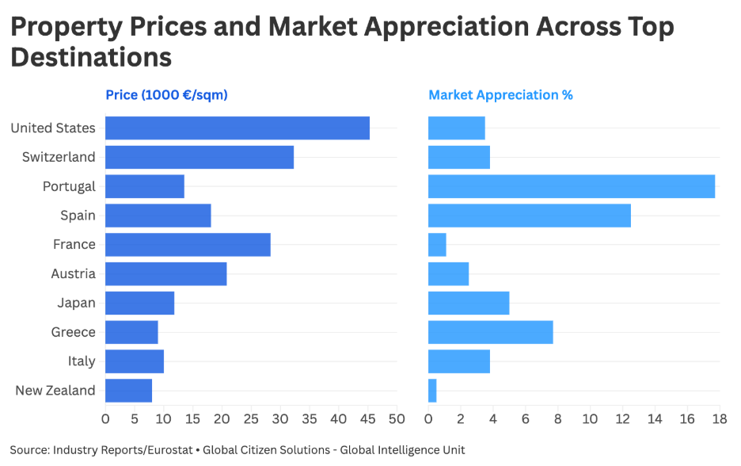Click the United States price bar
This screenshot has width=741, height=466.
[237, 128]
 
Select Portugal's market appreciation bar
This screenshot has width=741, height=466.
[572, 186]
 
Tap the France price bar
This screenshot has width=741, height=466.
[188, 245]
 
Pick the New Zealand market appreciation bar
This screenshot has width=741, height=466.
[432, 391]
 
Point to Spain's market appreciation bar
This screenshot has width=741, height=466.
[530, 216]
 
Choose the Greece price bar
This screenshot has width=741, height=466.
[131, 332]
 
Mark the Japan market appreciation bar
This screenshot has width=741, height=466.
[469, 303]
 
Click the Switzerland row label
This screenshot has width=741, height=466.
[59, 157]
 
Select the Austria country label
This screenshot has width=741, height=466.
[73, 273]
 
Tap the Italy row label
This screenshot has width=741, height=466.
[81, 361]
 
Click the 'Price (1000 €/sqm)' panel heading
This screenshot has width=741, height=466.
[166, 95]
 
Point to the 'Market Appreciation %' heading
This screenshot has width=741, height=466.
[500, 95]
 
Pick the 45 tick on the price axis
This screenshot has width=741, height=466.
[367, 418]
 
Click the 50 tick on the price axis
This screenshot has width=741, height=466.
[397, 418]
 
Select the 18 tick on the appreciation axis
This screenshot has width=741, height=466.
[719, 418]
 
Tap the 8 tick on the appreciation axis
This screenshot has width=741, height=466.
[558, 418]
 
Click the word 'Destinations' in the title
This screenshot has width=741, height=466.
[91, 57]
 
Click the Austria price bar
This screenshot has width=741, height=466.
[166, 274]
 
